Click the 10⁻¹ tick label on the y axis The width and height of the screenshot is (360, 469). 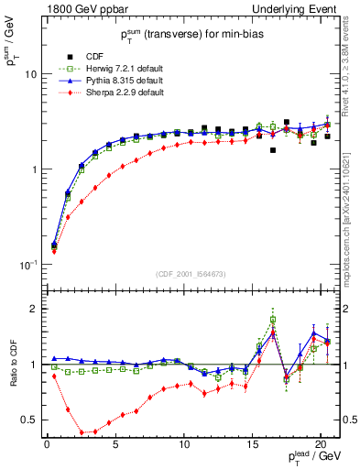27,265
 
